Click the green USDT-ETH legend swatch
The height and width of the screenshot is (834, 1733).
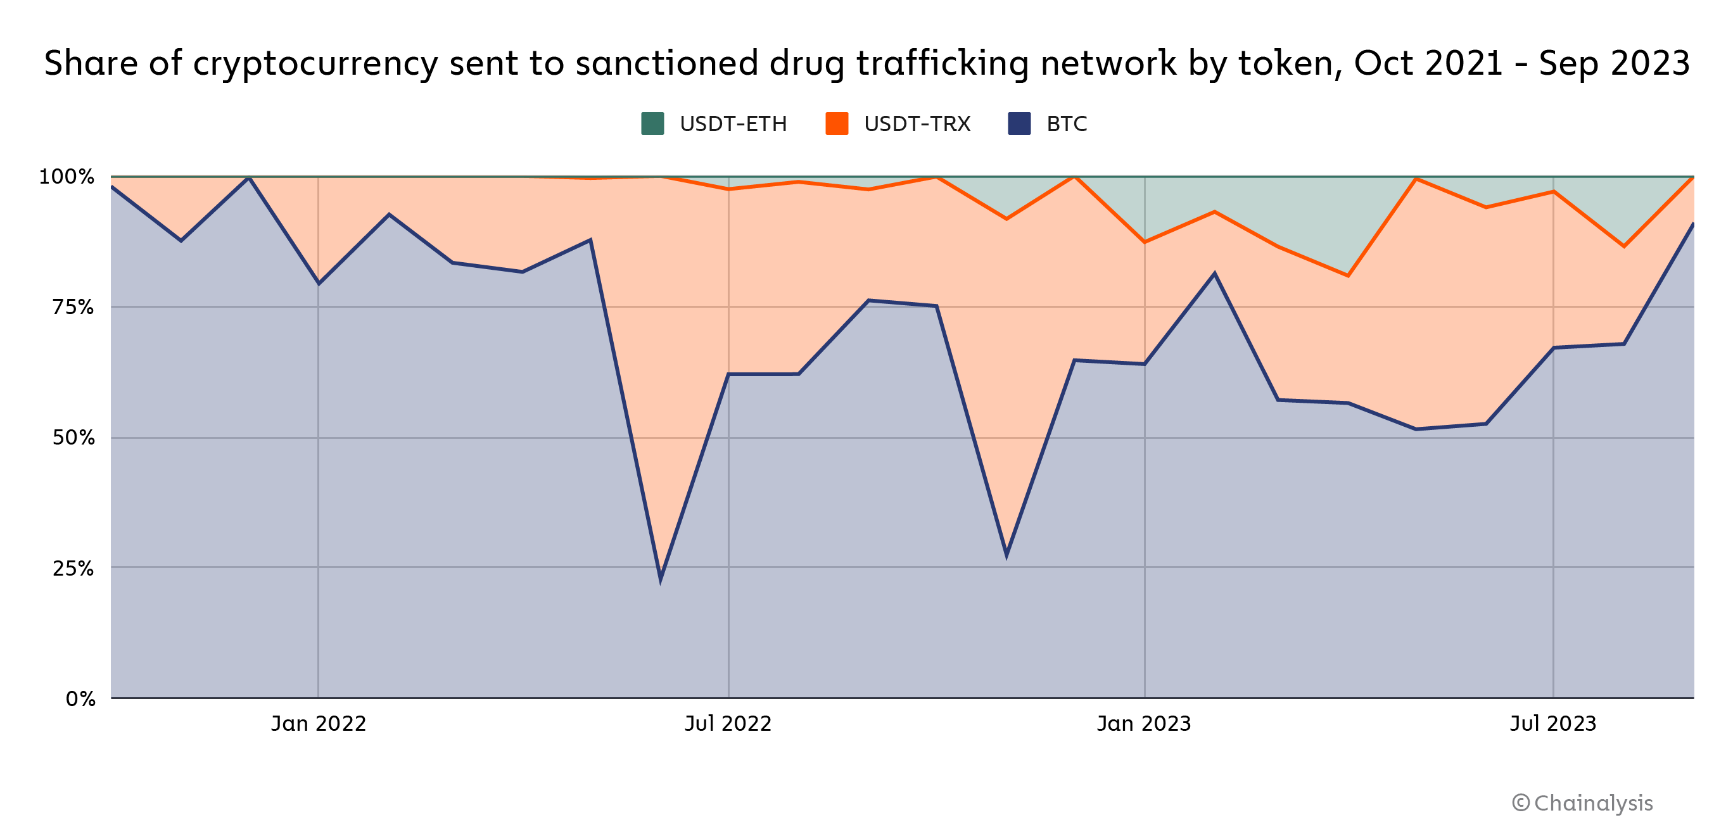tap(652, 123)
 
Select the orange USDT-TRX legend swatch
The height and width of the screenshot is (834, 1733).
tap(836, 123)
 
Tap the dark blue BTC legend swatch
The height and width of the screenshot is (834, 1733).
tap(1019, 123)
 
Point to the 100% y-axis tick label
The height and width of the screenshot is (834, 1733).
tap(67, 177)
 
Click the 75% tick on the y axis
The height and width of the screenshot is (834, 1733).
tap(73, 307)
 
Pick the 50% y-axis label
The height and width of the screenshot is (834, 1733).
tap(73, 438)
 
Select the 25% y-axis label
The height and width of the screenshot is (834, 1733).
tap(73, 568)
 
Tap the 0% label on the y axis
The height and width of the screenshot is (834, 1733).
tap(80, 699)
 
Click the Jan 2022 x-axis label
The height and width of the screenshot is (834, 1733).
tap(318, 724)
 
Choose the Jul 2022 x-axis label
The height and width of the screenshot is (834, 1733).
tap(728, 724)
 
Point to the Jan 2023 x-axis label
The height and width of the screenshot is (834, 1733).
tap(1144, 724)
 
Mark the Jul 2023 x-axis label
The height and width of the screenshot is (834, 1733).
tap(1552, 724)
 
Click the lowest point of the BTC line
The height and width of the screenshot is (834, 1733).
tap(661, 578)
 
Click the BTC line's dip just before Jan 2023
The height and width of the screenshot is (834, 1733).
tap(1006, 555)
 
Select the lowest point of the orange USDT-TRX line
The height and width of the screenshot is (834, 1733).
tap(1348, 275)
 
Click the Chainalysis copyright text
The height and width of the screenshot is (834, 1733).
tap(1582, 803)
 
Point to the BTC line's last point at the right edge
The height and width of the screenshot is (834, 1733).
tap(1692, 224)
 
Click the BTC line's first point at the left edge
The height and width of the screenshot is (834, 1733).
tap(112, 186)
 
